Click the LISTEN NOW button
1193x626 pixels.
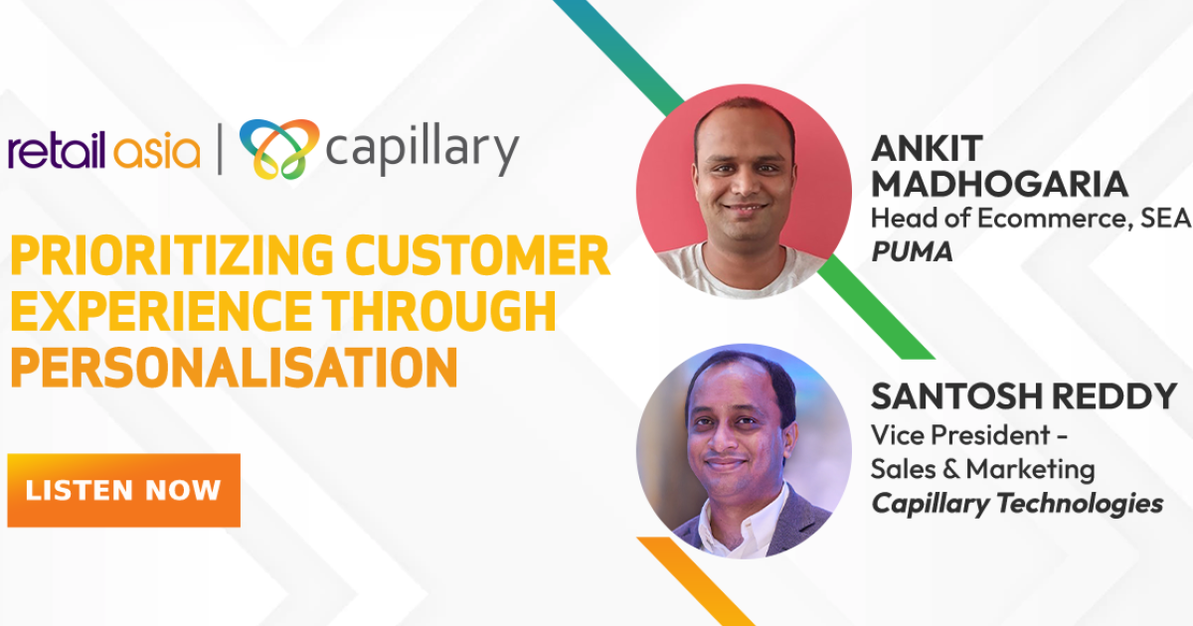(123, 490)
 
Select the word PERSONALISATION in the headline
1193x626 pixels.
(235, 367)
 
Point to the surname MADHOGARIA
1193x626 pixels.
(999, 184)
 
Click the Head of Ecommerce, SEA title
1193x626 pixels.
(1030, 219)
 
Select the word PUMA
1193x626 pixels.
(912, 252)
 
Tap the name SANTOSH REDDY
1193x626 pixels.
(1023, 396)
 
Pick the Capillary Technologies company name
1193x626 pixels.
(1017, 504)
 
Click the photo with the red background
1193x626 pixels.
(743, 193)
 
